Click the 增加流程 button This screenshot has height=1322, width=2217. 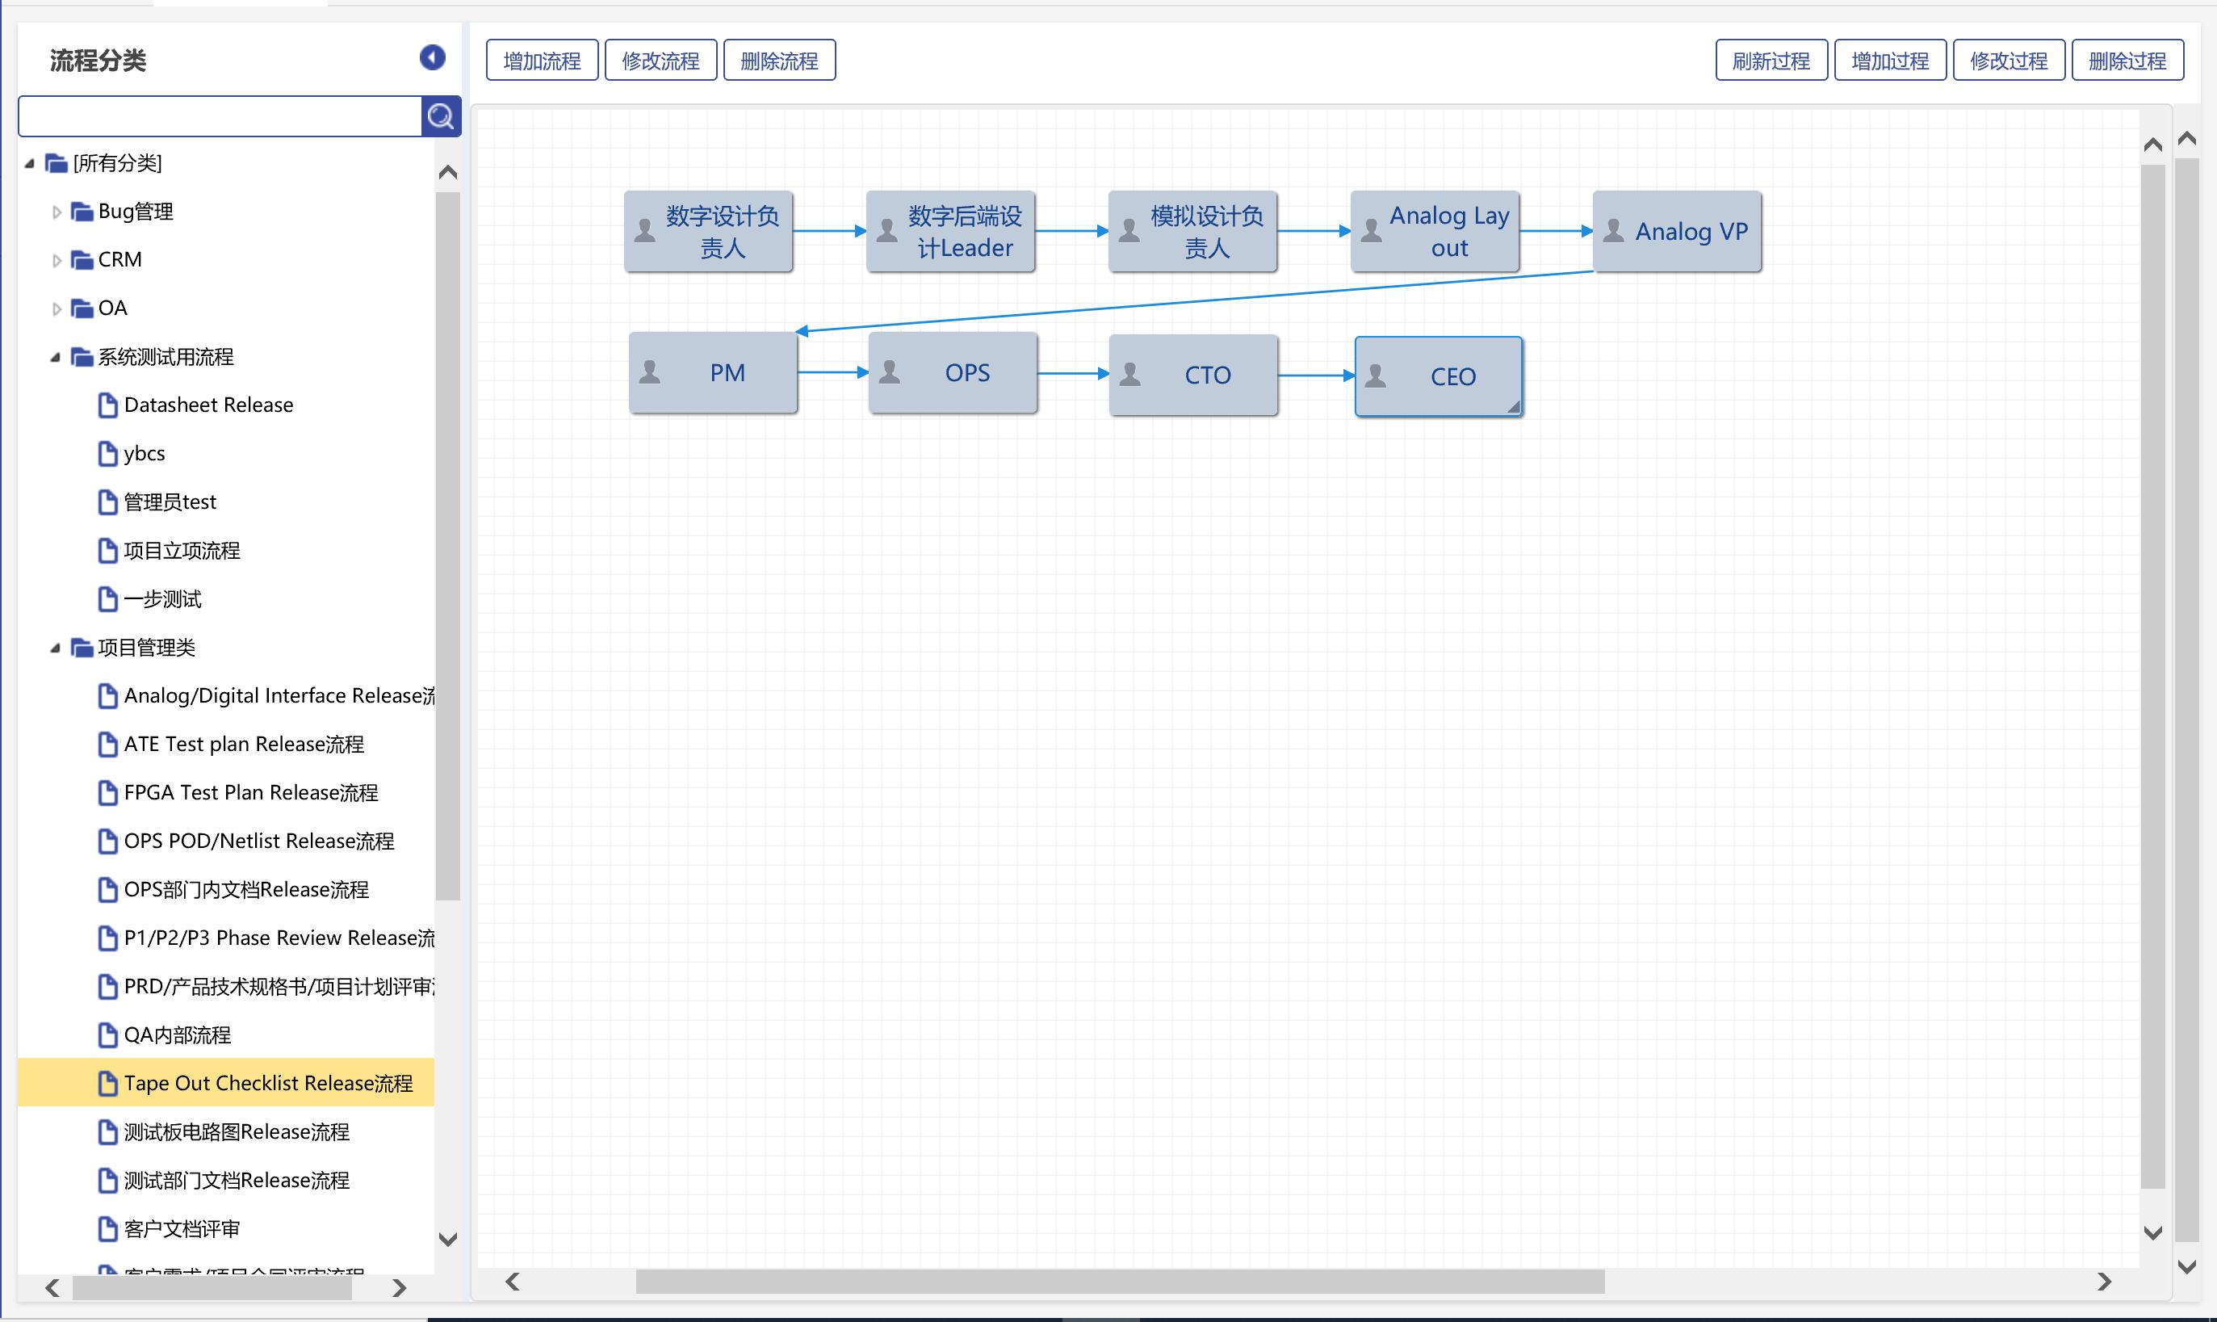[x=542, y=61]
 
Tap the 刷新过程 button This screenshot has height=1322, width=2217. [x=1770, y=61]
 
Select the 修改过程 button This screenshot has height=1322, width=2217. [x=2008, y=61]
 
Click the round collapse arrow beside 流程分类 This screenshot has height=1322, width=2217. [x=433, y=58]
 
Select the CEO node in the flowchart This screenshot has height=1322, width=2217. [x=1438, y=376]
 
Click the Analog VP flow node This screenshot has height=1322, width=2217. [x=1677, y=232]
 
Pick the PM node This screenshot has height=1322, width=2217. [x=713, y=372]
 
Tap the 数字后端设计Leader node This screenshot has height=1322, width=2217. [x=950, y=232]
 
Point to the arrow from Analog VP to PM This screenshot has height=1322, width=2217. [x=1193, y=301]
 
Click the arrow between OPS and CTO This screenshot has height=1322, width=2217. [x=1072, y=373]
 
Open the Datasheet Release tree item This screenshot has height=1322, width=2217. [x=208, y=405]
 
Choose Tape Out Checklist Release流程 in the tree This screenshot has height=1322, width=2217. [x=268, y=1083]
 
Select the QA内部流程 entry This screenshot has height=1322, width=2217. [x=177, y=1035]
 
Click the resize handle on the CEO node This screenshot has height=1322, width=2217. [x=1513, y=407]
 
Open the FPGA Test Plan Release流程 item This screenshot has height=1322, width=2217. [x=250, y=793]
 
